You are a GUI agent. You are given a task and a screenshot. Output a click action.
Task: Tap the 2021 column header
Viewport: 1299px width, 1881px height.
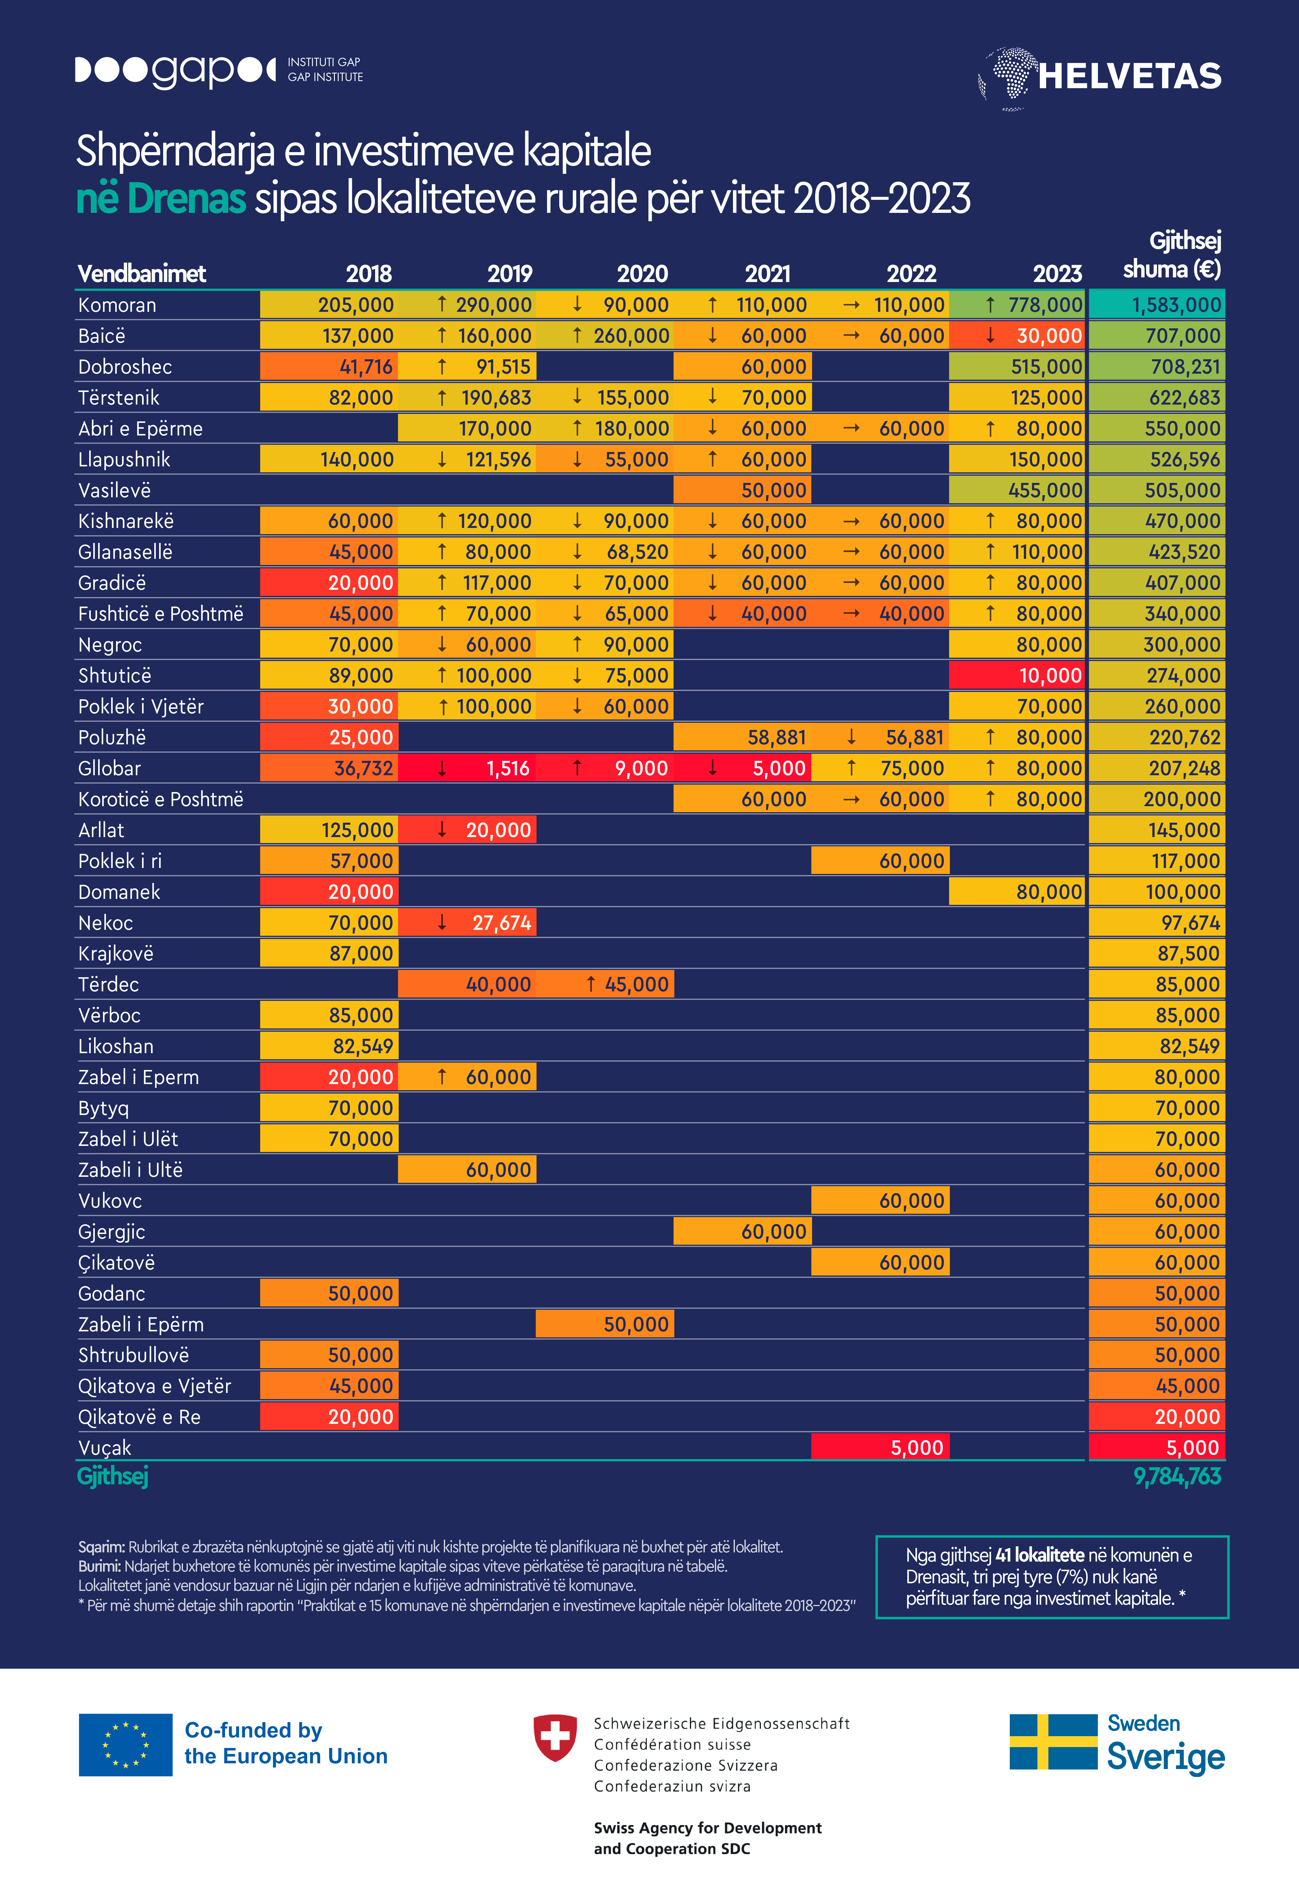[x=767, y=274]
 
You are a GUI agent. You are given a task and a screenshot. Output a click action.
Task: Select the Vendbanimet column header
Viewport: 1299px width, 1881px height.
[x=142, y=274]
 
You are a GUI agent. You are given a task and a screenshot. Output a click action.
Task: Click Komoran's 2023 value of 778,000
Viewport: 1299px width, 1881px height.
[x=1017, y=305]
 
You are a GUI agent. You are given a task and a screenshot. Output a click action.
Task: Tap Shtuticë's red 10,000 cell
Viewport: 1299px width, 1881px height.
[x=1017, y=675]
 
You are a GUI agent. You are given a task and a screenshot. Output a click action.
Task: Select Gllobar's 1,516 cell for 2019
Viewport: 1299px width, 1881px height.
[x=467, y=768]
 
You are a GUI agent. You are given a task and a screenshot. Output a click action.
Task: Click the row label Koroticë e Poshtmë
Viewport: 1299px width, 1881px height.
[x=160, y=799]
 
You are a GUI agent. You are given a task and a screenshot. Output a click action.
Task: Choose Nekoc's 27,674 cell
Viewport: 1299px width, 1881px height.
[x=467, y=923]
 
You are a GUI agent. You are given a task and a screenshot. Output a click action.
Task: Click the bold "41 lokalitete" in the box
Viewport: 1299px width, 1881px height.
[x=1039, y=1555]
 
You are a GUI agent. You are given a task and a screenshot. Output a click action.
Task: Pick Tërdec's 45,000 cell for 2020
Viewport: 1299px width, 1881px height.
[x=605, y=985]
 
